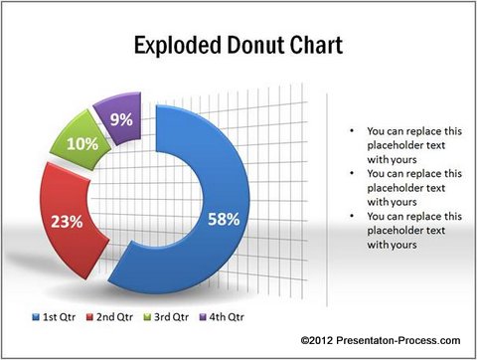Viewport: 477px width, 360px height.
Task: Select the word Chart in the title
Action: tap(318, 46)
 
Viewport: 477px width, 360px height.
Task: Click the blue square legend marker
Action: tap(36, 317)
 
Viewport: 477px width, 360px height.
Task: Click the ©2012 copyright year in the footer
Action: tap(317, 341)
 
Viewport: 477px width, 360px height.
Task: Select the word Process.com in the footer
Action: tap(428, 341)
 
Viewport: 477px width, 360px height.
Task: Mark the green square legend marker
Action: tap(150, 317)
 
